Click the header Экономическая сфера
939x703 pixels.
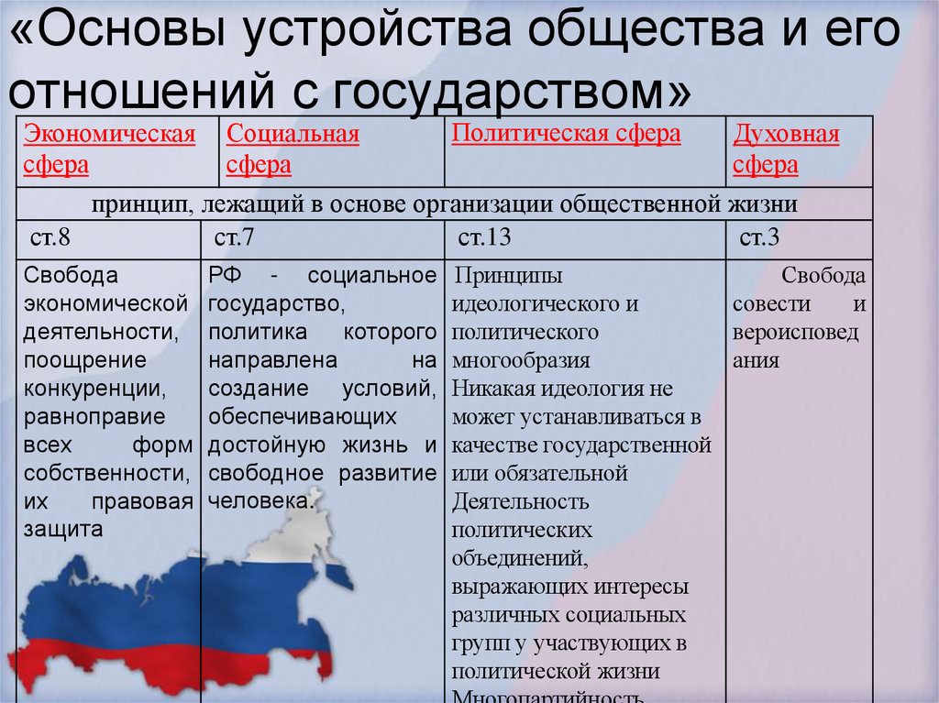coord(109,150)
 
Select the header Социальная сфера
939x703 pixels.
coord(293,150)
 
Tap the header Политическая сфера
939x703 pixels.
coord(566,134)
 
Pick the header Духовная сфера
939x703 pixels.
coord(786,150)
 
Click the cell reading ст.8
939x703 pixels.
coord(50,239)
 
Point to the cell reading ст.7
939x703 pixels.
coord(234,239)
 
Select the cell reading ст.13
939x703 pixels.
coord(484,239)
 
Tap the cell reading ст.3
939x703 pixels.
coord(759,239)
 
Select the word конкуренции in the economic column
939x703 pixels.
coord(95,389)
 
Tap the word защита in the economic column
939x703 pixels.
coord(63,530)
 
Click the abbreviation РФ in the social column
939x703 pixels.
coord(225,276)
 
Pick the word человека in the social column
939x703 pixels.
coord(260,501)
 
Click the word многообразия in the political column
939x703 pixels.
coord(521,360)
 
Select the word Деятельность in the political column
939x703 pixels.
coord(520,502)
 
